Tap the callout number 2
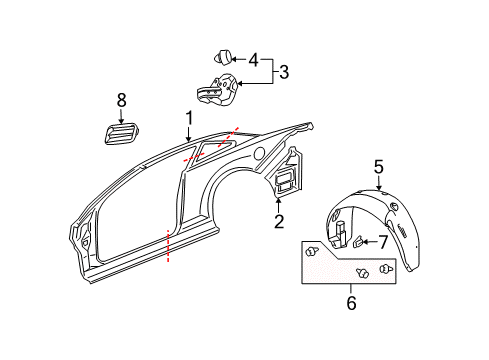279,221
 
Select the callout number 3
283,73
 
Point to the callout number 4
252,60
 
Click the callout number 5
379,167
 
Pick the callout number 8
122,100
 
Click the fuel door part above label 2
284,182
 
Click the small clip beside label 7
358,241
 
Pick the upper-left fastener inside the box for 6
316,250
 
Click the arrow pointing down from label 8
122,115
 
